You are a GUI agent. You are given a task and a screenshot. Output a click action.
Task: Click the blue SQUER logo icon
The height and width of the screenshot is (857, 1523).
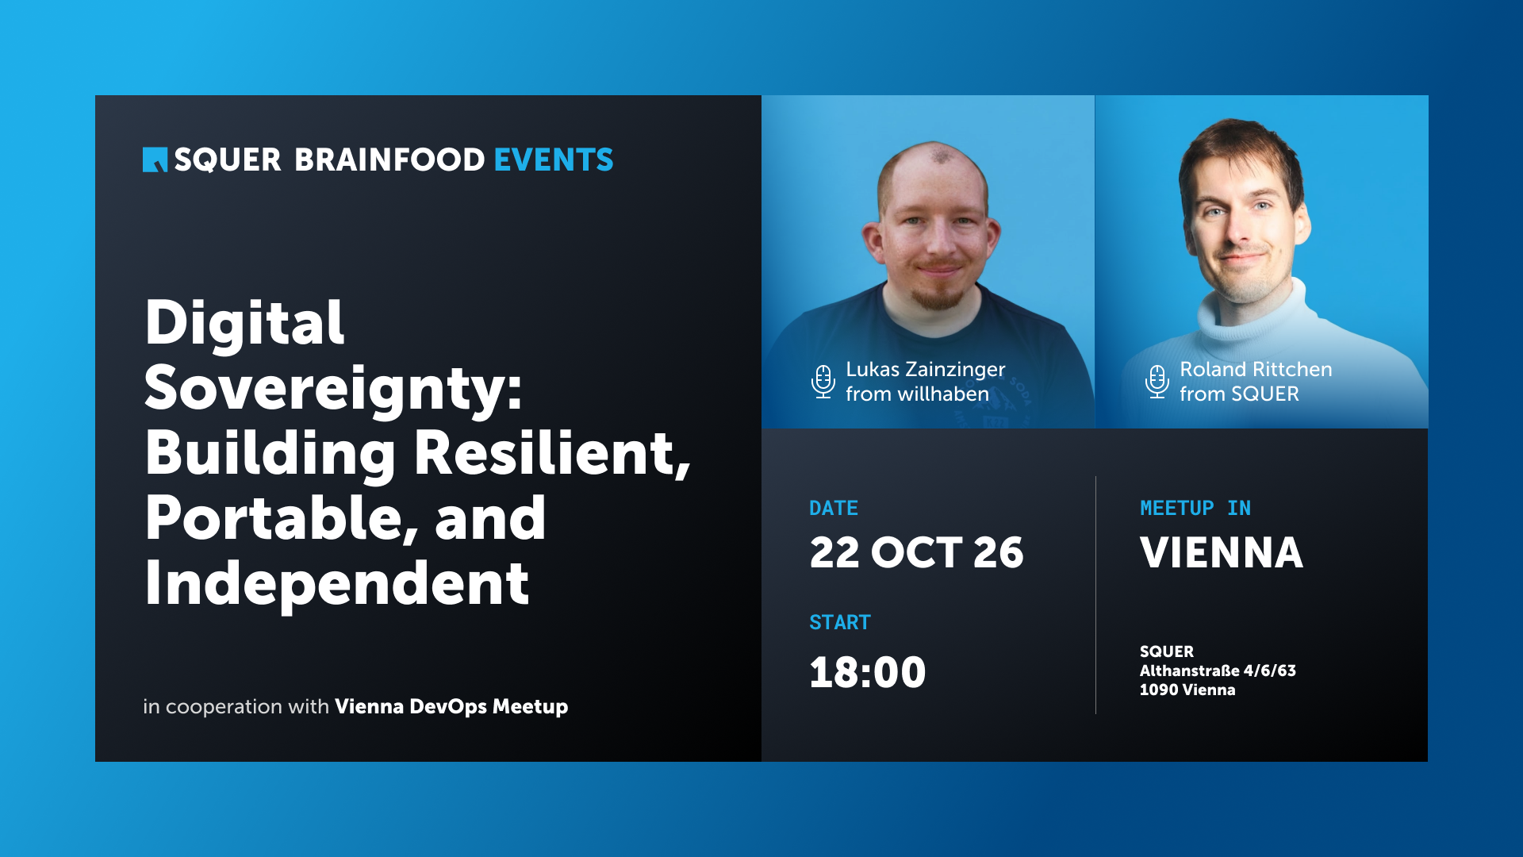click(155, 159)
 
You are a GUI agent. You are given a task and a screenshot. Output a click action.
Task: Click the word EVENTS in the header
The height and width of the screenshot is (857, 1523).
click(554, 159)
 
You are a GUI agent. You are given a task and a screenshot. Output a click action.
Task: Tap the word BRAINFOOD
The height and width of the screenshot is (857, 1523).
click(389, 159)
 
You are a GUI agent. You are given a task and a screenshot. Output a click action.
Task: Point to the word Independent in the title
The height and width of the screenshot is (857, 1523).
click(337, 583)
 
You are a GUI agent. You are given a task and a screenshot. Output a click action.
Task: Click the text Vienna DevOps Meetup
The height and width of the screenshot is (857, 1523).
click(451, 706)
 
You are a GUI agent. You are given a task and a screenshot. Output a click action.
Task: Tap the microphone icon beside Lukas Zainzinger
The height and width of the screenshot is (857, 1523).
click(823, 382)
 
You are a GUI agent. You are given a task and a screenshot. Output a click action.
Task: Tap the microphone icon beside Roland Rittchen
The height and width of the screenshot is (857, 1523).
click(1157, 382)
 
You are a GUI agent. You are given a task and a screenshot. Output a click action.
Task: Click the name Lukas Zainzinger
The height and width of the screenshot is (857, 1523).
click(926, 370)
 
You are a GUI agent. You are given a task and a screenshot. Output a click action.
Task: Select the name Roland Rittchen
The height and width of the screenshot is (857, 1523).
click(1256, 369)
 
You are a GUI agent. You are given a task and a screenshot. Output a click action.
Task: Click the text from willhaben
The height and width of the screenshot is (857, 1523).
click(917, 394)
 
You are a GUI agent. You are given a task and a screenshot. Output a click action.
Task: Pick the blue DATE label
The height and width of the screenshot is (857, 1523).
click(834, 508)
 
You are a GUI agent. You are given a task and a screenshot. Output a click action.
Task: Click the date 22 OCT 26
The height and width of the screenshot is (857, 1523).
click(916, 552)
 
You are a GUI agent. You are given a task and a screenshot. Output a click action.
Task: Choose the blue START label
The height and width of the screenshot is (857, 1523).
click(840, 622)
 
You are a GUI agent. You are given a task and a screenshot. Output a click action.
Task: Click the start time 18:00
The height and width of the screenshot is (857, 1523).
click(868, 672)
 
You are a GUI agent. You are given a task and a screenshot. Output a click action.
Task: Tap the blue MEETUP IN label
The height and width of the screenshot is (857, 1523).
click(1195, 508)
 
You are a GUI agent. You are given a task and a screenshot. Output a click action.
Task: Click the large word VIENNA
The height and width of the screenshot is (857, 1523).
click(1222, 552)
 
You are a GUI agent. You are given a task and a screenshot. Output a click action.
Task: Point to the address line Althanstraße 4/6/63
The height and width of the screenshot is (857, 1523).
click(1218, 671)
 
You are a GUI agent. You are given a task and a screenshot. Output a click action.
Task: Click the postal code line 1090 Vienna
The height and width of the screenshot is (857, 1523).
click(1187, 690)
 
